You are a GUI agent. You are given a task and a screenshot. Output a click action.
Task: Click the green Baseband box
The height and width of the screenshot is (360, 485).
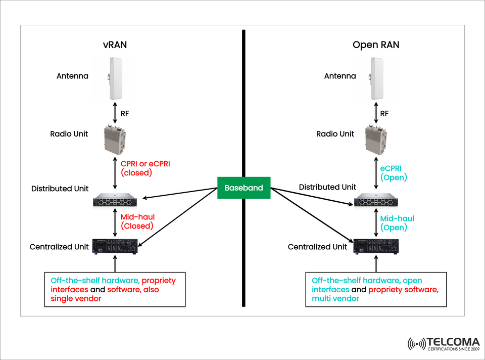[244, 188]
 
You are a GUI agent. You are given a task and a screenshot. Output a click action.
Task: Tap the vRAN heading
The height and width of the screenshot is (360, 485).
[115, 45]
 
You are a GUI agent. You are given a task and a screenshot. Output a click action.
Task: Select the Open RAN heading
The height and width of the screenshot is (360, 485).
[375, 45]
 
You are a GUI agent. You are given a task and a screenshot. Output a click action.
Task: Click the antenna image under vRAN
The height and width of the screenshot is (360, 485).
[115, 79]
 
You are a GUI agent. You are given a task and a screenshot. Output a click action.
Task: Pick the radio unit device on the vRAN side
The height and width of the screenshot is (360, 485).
[116, 140]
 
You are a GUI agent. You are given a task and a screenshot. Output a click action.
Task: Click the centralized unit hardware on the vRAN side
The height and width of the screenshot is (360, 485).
[116, 247]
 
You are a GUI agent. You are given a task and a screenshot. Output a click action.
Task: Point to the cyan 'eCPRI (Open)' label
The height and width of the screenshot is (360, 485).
[394, 172]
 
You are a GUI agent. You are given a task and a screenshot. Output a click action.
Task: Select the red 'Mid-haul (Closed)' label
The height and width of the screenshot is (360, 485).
[137, 221]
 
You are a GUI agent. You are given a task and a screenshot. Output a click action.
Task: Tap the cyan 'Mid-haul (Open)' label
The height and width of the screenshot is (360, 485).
[397, 223]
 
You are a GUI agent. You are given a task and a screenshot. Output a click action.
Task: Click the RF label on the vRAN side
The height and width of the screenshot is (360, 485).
[125, 114]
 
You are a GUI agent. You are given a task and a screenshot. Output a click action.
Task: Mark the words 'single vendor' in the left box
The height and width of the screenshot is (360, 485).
[76, 299]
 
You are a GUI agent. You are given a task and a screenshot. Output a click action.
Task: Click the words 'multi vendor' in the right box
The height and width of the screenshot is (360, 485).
[335, 299]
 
